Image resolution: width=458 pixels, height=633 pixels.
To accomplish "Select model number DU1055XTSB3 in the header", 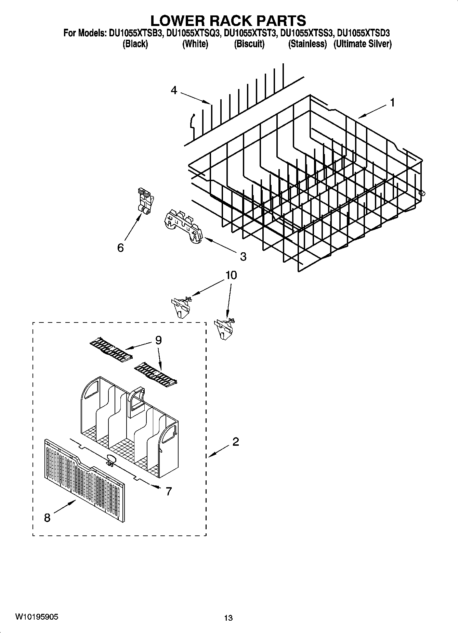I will tap(135, 33).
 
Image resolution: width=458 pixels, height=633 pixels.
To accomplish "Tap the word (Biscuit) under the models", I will tap(249, 44).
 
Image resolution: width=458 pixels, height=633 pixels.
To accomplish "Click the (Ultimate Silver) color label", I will tap(362, 44).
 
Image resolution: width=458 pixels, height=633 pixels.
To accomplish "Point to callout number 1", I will tap(392, 102).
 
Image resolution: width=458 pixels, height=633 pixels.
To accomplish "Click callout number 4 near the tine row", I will tap(174, 90).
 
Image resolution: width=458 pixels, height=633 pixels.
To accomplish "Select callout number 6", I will tap(120, 248).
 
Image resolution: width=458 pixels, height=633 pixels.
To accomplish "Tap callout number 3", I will tap(243, 256).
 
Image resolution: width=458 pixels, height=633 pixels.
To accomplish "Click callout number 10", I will tap(231, 275).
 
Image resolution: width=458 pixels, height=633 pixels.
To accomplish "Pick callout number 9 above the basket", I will tap(158, 340).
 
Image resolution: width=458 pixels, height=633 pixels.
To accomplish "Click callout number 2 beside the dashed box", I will tap(235, 442).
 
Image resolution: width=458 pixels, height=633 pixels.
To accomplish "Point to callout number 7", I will tap(168, 491).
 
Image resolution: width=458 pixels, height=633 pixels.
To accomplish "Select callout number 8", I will tap(47, 518).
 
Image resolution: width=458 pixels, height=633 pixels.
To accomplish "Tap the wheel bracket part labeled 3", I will tap(183, 227).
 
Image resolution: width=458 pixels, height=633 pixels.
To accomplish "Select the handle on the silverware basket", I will tap(137, 399).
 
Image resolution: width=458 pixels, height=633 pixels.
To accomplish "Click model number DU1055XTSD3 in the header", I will tap(363, 33).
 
